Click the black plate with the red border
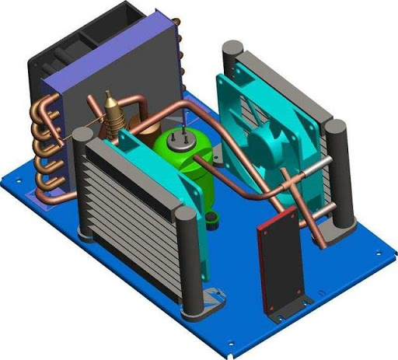[277, 264]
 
